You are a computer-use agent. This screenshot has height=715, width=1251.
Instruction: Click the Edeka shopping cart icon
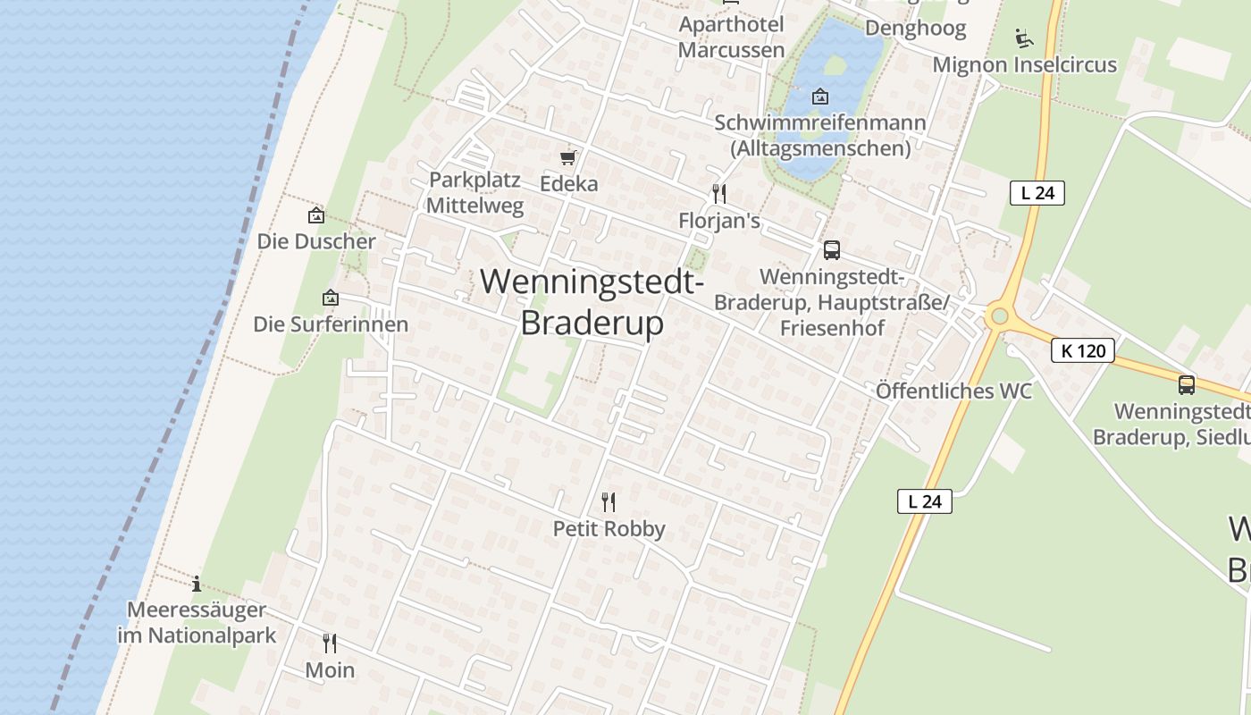[x=567, y=158]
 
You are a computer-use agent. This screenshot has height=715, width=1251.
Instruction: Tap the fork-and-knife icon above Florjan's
[x=718, y=193]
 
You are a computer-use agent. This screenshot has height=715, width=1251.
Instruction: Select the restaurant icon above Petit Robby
[x=609, y=501]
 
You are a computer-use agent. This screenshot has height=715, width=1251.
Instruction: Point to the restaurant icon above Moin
[x=330, y=643]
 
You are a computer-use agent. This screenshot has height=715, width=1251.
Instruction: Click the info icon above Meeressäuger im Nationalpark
[x=197, y=585]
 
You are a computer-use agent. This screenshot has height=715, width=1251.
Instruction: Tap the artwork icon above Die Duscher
[x=315, y=215]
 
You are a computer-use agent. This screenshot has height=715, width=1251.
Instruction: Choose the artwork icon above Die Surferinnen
[x=331, y=298]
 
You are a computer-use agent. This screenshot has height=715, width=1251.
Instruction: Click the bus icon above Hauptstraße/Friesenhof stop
[x=832, y=250]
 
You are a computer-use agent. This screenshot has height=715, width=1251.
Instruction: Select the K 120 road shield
[x=1083, y=350]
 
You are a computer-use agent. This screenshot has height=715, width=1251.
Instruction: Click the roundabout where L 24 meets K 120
[x=999, y=315]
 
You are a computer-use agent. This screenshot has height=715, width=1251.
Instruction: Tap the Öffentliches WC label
[x=953, y=391]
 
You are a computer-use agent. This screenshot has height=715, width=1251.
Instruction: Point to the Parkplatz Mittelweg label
[x=474, y=192]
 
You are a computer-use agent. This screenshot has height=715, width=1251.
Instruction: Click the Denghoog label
[x=916, y=29]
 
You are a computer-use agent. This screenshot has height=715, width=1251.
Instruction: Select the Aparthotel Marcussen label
[x=731, y=38]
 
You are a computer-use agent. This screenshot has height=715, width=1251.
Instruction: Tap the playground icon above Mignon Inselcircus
[x=1024, y=38]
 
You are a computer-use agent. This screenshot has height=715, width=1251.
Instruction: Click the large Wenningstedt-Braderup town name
[x=592, y=302]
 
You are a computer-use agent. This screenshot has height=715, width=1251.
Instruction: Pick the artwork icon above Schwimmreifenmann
[x=820, y=97]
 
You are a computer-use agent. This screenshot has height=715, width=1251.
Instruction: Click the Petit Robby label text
[x=609, y=529]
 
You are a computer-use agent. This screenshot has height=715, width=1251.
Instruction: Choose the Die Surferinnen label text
[x=331, y=324]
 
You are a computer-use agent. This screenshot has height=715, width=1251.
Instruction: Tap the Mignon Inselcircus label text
[x=1024, y=65]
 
